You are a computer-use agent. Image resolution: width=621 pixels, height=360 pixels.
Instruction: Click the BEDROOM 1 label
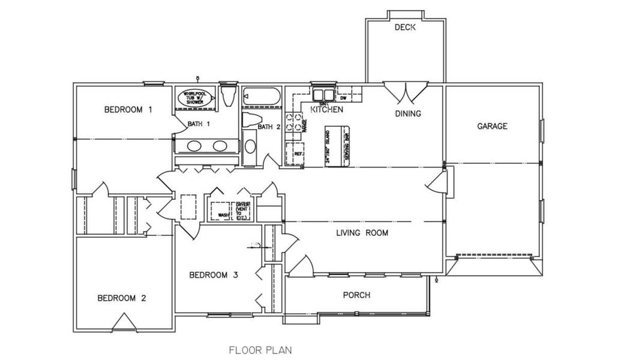[x=128, y=110]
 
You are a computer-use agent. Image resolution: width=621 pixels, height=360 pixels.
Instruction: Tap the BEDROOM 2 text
[x=122, y=298]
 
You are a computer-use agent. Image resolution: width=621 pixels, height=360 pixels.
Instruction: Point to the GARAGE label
[x=492, y=126]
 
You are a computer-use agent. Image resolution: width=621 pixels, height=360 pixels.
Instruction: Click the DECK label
[x=406, y=28]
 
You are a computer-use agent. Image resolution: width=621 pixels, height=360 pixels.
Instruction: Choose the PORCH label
[x=356, y=295]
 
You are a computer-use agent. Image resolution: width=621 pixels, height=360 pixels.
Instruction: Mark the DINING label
[x=407, y=113]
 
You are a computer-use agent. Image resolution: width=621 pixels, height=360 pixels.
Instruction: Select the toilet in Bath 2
[x=251, y=118]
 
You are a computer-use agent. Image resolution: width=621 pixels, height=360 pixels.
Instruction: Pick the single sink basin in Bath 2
[x=250, y=146]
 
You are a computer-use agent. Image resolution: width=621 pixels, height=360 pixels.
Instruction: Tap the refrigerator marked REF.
[x=296, y=153]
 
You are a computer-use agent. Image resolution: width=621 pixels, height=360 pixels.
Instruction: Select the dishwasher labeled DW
[x=343, y=95]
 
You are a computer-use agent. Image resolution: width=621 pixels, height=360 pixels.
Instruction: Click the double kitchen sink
[x=323, y=94]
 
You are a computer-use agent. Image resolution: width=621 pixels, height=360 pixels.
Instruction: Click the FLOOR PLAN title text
[x=260, y=349]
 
